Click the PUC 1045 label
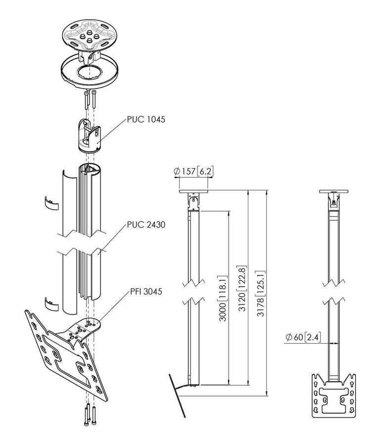[x=145, y=119]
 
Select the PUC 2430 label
[x=145, y=225]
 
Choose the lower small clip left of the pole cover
[x=50, y=303]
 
